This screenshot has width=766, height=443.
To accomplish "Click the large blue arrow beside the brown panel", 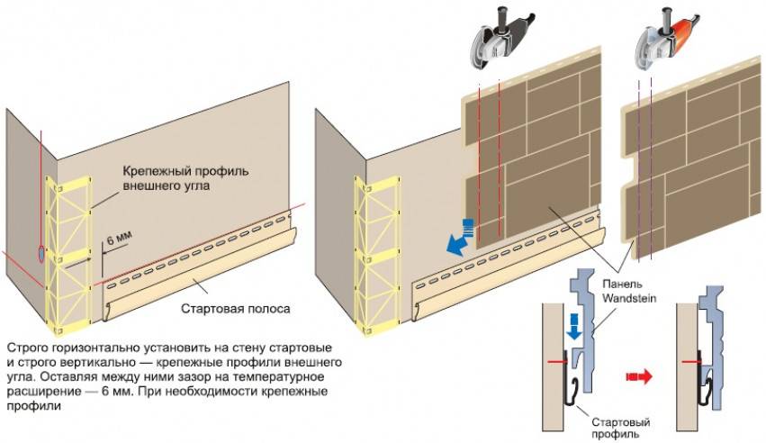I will (x=462, y=239).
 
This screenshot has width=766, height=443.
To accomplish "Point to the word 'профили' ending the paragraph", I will (x=30, y=406).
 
